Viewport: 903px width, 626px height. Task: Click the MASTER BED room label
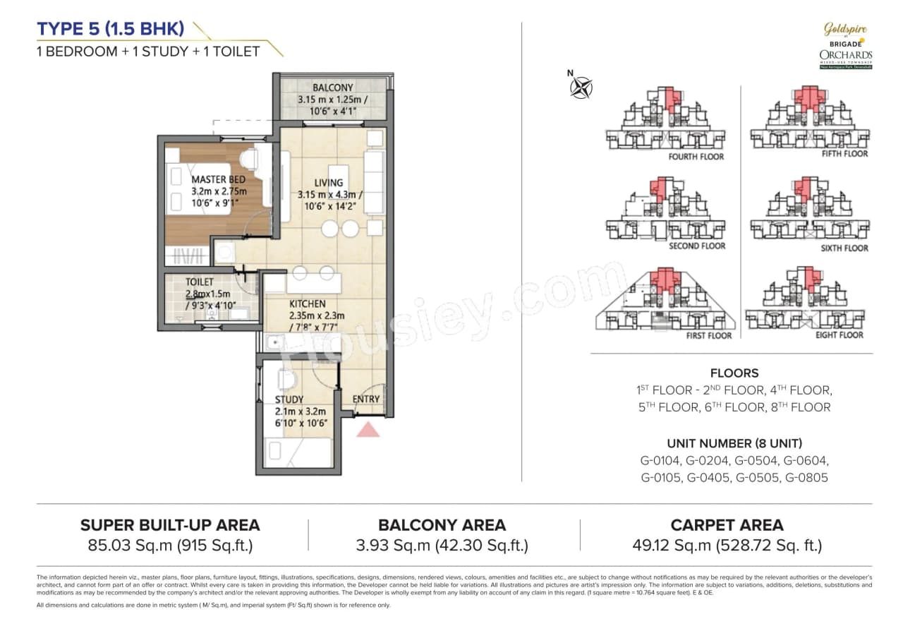[219, 180]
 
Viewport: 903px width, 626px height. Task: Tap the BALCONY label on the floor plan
[333, 88]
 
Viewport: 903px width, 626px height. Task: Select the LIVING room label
[329, 183]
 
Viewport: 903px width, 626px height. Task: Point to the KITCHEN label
[308, 304]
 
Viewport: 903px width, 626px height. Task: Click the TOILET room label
[200, 282]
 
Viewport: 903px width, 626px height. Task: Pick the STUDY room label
[289, 399]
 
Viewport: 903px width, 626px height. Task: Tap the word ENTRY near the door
[366, 399]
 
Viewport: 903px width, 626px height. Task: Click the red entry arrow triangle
[368, 429]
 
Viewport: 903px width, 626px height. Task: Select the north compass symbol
[582, 87]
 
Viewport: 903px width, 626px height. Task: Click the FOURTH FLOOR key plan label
[696, 157]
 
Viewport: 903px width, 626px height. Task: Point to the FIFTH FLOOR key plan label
[845, 154]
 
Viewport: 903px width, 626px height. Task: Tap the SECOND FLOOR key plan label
[697, 246]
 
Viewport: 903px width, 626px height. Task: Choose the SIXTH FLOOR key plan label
[844, 248]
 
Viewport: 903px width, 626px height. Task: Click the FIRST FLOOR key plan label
[709, 336]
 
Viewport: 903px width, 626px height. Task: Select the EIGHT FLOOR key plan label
[840, 335]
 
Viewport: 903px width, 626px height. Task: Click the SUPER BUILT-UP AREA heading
[170, 525]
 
